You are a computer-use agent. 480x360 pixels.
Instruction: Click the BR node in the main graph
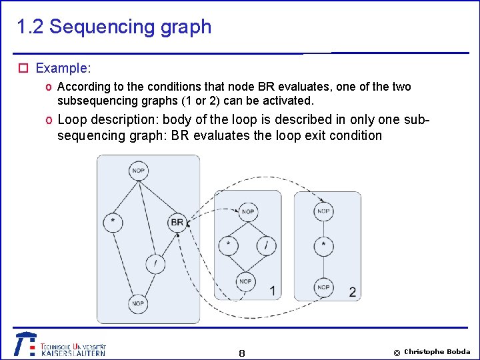pos(177,222)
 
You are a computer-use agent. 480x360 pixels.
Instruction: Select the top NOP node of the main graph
pos(138,171)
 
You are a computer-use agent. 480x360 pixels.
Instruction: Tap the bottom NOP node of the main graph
pos(137,303)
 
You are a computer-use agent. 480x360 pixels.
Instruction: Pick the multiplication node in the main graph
pos(113,221)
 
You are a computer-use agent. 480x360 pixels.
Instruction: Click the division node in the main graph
pos(155,264)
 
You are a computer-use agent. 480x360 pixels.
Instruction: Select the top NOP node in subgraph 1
pos(247,212)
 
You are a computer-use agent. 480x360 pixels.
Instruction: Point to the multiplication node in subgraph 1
pos(229,245)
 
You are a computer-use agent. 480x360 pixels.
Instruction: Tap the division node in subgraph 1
pos(265,245)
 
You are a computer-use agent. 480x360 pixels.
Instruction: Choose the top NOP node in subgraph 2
pos(323,212)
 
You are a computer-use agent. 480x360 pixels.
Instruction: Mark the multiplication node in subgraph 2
pos(323,245)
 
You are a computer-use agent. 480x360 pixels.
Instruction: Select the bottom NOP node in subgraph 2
pos(323,287)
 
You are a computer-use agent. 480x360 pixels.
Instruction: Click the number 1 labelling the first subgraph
pos(273,291)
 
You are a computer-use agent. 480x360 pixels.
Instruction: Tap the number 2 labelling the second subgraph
pos(352,292)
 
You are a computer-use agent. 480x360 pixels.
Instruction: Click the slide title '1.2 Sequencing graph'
pos(114,27)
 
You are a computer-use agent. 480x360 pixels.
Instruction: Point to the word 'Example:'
pos(63,68)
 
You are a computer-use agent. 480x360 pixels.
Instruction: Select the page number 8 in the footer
pos(241,353)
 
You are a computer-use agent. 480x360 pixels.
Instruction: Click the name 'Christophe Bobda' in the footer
pos(437,351)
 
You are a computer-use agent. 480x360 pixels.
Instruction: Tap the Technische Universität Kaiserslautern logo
pos(60,345)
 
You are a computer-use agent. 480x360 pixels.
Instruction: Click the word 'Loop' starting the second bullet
pos(71,120)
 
